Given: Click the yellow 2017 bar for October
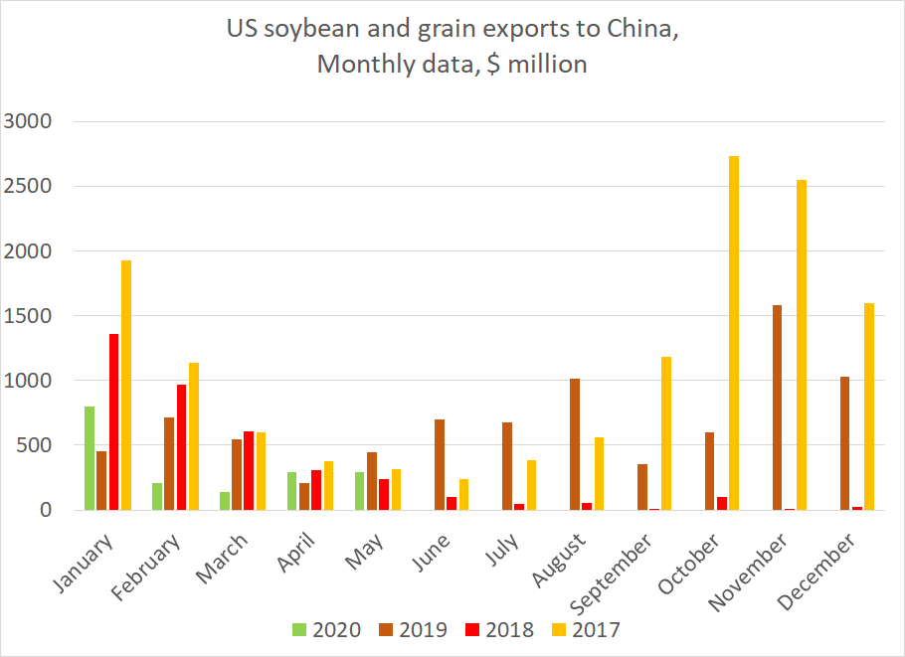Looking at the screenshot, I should click(734, 333).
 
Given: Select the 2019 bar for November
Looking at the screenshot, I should click(777, 408).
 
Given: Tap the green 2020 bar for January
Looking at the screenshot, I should click(90, 458).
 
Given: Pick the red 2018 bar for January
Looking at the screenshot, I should click(113, 421).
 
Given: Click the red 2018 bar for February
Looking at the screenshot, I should click(181, 447).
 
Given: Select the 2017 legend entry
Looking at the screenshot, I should click(586, 629).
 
